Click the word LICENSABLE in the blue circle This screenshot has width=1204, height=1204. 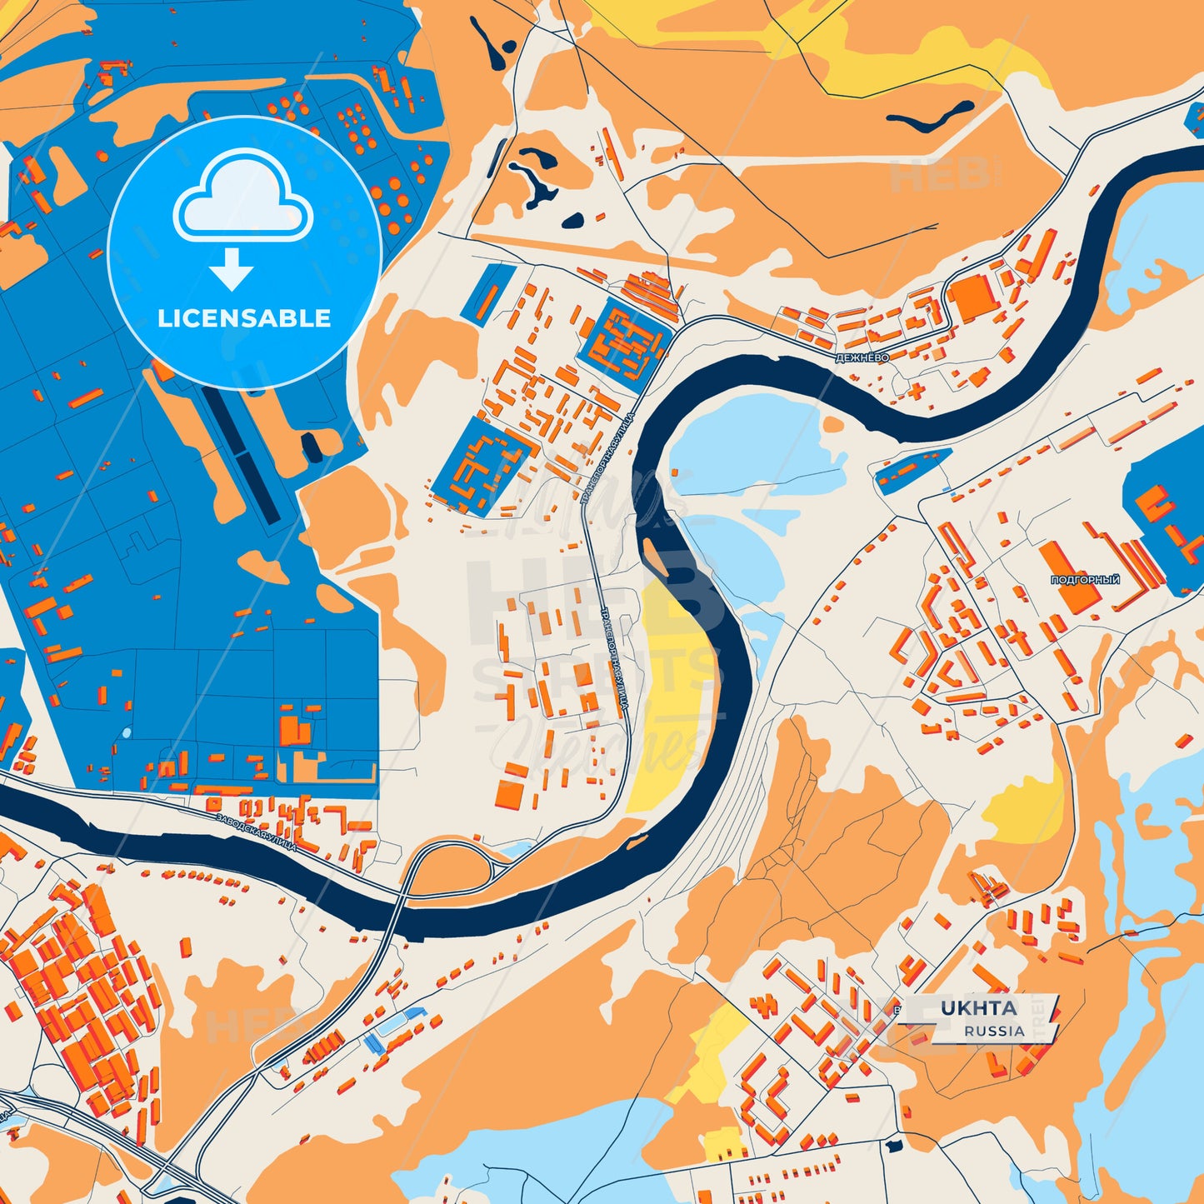tap(244, 318)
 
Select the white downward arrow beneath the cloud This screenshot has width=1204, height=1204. tap(232, 268)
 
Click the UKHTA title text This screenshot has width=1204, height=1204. tap(979, 1008)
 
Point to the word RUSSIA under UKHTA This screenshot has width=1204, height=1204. tap(995, 1031)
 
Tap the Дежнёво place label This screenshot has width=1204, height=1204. tap(862, 357)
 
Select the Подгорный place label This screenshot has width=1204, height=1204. tap(1085, 580)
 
